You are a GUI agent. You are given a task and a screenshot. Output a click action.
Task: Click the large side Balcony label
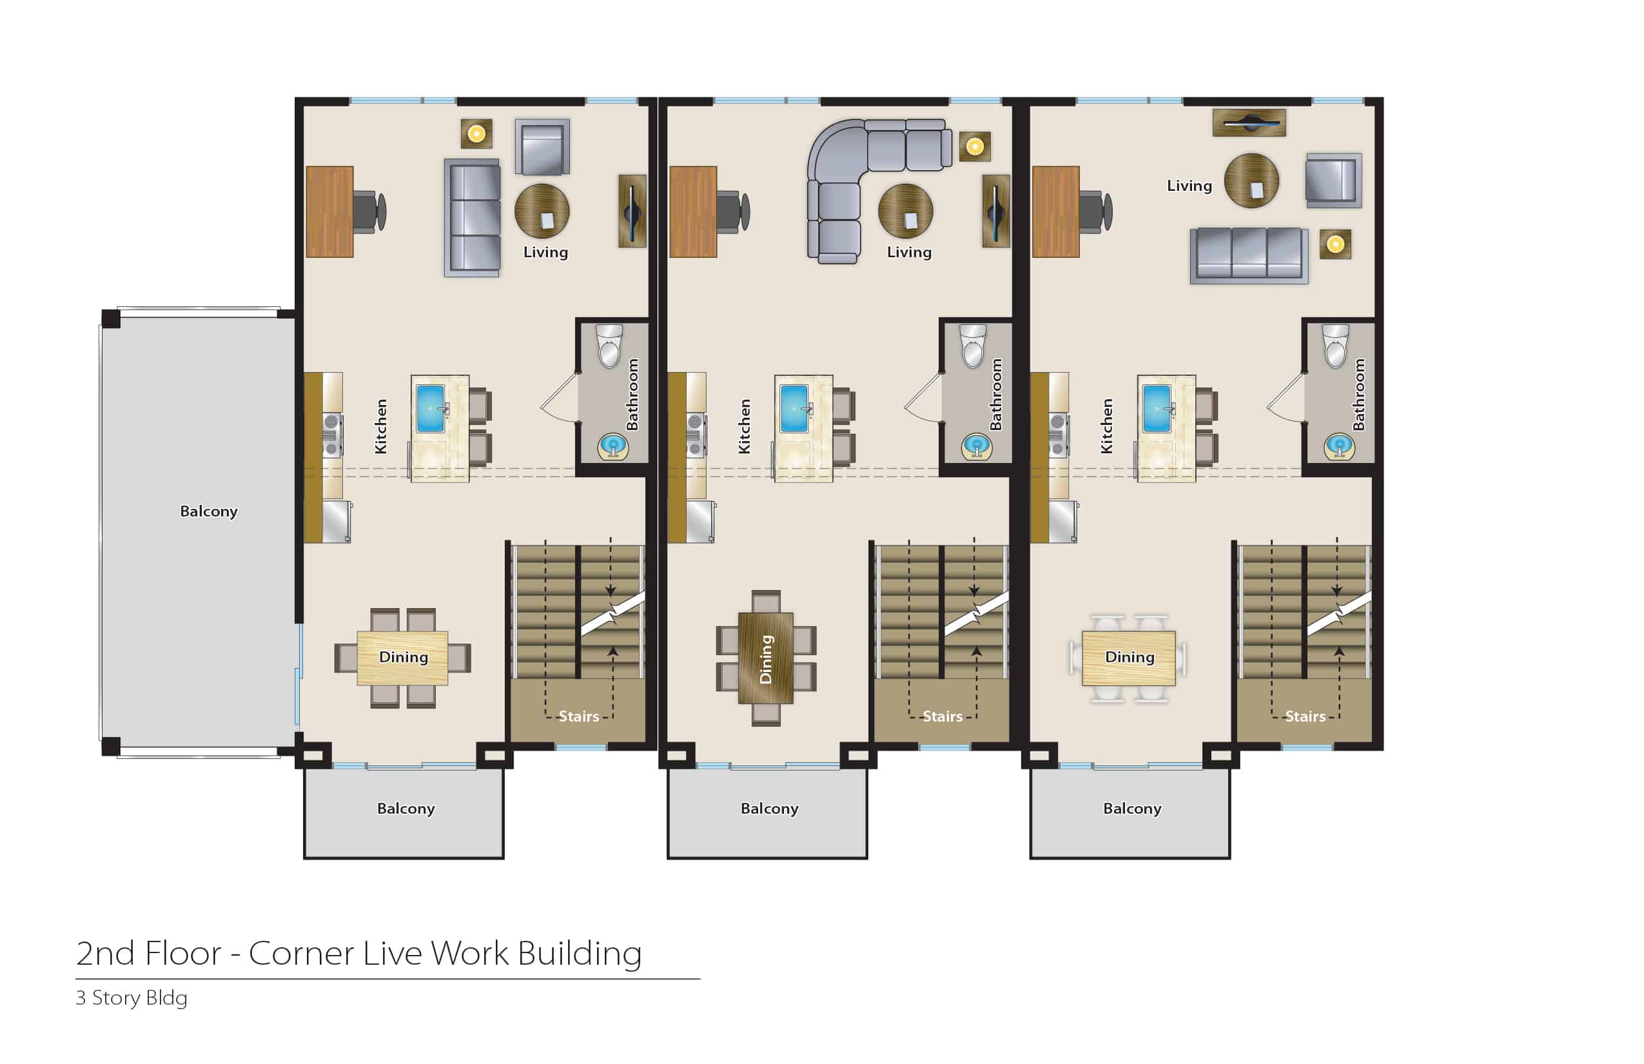click(209, 511)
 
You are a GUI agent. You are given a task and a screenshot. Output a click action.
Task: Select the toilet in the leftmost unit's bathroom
click(609, 346)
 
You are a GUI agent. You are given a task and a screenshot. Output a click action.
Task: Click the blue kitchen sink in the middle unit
click(794, 409)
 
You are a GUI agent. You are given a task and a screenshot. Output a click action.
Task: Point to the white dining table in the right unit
click(1129, 658)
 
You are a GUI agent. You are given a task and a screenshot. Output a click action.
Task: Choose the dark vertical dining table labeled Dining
click(765, 658)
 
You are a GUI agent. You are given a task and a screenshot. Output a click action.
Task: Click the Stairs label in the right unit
click(1305, 716)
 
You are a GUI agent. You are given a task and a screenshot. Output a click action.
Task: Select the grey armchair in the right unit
click(1333, 181)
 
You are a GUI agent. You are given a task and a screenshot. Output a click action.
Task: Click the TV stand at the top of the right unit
click(1249, 123)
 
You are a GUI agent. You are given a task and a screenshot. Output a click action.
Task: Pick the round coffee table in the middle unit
click(906, 210)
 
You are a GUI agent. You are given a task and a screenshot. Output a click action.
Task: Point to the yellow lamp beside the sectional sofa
click(975, 146)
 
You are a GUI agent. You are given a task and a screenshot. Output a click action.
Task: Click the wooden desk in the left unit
click(330, 212)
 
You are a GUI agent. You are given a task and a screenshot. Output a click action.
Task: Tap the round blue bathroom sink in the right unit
click(1338, 446)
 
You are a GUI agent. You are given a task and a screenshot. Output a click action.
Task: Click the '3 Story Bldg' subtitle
click(132, 998)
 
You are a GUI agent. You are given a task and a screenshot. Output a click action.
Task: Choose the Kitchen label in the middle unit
click(744, 426)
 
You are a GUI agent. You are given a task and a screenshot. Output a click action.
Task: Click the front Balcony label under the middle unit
click(770, 809)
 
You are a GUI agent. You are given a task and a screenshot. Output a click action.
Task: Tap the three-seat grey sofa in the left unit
click(473, 218)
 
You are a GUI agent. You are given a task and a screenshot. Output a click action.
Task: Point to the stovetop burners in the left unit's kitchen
click(331, 435)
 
